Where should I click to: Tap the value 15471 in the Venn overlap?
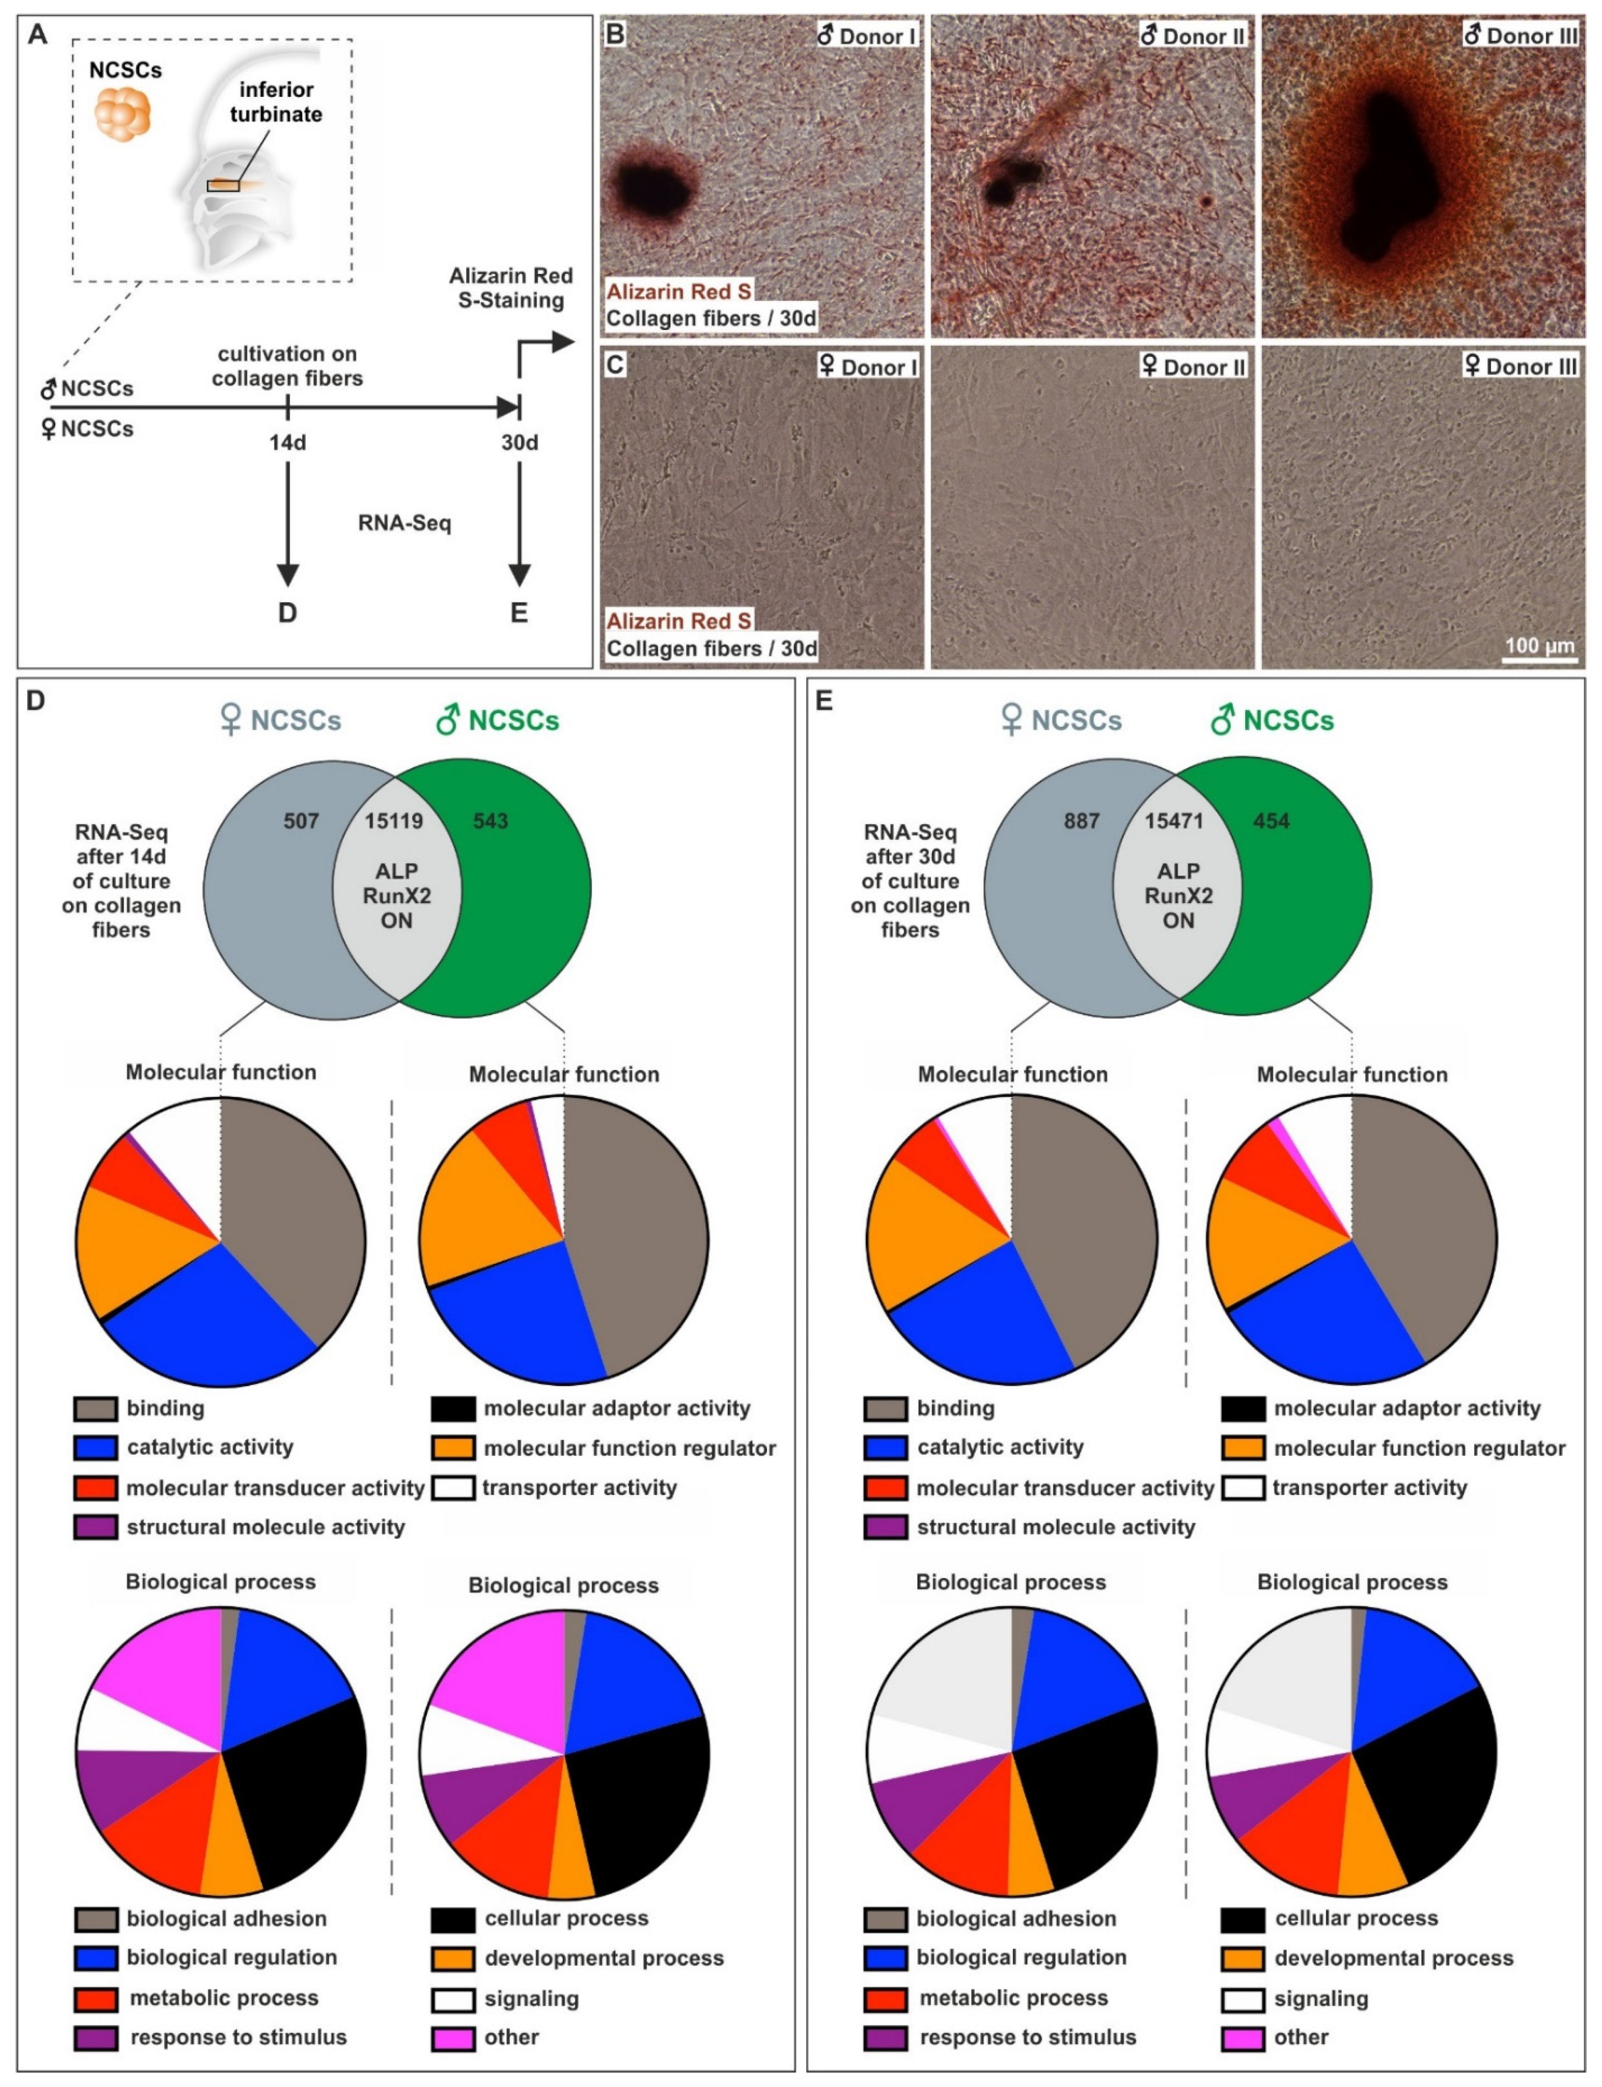point(1174,821)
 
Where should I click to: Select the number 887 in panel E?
point(1082,821)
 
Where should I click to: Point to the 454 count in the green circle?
point(1271,821)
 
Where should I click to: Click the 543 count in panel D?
point(490,821)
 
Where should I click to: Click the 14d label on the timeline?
point(287,442)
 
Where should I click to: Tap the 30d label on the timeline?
point(520,442)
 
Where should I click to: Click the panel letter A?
point(37,35)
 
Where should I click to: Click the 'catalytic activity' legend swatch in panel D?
point(95,1447)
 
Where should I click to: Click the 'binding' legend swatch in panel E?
point(885,1408)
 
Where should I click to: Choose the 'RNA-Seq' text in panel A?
point(404,522)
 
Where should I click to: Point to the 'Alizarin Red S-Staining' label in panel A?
point(511,288)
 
